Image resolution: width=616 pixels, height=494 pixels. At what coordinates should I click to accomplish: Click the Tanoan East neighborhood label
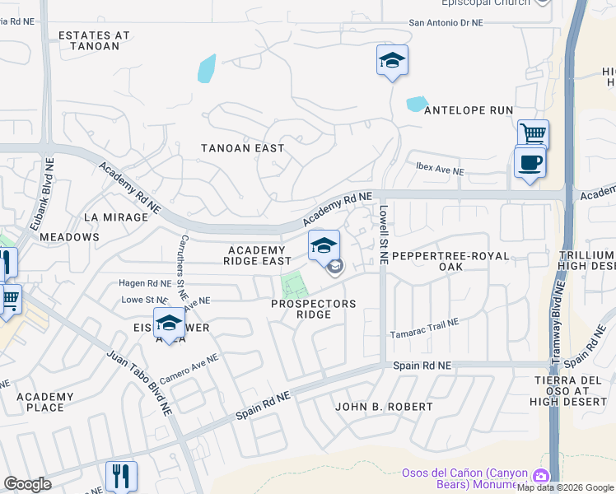243,148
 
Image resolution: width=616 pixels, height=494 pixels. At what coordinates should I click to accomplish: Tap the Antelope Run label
468,110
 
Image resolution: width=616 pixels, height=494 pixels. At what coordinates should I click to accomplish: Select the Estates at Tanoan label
95,41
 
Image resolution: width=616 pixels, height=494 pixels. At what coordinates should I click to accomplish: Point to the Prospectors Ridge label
314,309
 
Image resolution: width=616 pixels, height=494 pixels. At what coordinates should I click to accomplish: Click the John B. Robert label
384,407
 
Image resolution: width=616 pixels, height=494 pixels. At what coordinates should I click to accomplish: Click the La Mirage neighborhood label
121,217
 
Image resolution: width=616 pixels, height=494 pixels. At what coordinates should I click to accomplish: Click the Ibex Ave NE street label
440,172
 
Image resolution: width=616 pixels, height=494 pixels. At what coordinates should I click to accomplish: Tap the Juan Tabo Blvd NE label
138,383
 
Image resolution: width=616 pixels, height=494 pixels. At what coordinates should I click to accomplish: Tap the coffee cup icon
530,162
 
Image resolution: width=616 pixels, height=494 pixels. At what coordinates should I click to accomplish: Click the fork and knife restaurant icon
121,475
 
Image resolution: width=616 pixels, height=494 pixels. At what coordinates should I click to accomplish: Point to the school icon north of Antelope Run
393,60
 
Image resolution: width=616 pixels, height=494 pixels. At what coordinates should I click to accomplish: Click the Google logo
27,484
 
